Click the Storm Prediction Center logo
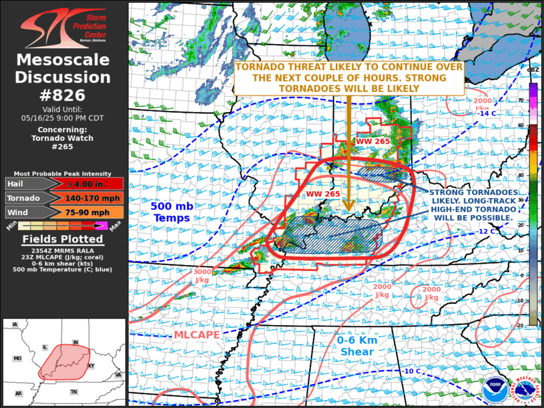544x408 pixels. [x=63, y=25]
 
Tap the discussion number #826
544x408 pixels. [x=63, y=95]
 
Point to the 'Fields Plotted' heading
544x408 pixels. [x=63, y=239]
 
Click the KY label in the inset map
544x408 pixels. [x=91, y=367]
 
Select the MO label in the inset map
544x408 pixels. [x=17, y=359]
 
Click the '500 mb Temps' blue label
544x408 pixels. [x=172, y=212]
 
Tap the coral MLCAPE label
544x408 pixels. [x=198, y=333]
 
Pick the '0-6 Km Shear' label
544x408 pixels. [x=357, y=345]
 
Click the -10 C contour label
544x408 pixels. [x=412, y=371]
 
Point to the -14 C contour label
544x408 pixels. [x=487, y=113]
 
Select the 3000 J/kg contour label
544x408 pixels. [x=202, y=276]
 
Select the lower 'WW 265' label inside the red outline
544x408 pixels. [x=320, y=194]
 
